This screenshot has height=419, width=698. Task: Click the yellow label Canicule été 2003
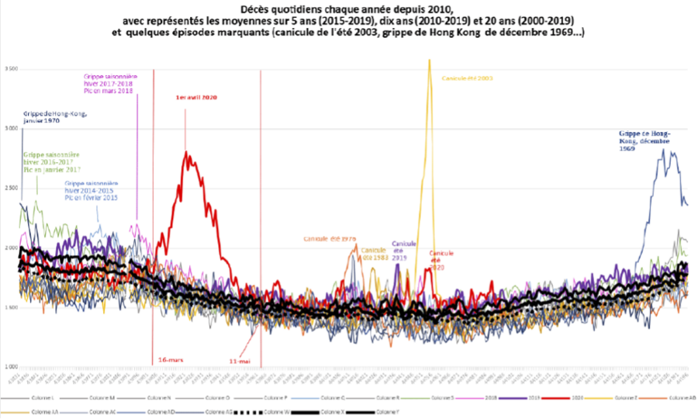click(x=467, y=78)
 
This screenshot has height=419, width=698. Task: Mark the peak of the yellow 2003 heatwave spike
click(x=429, y=60)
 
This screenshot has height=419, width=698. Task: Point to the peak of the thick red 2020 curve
click(x=186, y=153)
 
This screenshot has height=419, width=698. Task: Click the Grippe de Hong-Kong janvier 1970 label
click(x=55, y=118)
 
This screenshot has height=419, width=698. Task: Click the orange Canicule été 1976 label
click(x=330, y=239)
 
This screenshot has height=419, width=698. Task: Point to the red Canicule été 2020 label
click(x=441, y=260)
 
